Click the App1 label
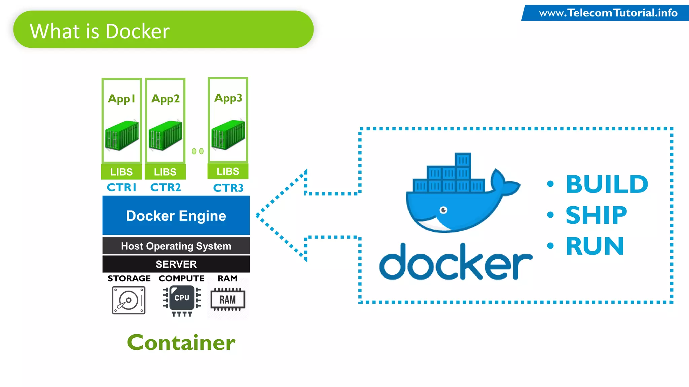point(121,99)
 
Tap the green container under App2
point(165,136)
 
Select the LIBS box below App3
point(228,171)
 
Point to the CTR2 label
point(165,187)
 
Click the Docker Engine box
point(176,215)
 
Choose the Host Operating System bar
point(176,246)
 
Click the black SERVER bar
point(176,264)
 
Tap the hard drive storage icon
point(129,300)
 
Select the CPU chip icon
point(182,298)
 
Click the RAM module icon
point(228,299)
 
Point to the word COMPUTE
point(181,278)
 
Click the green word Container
point(181,343)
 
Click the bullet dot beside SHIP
point(550,215)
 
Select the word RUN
point(595,246)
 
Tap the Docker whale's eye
point(443,210)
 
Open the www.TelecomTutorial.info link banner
point(608,13)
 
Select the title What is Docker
point(100,31)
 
